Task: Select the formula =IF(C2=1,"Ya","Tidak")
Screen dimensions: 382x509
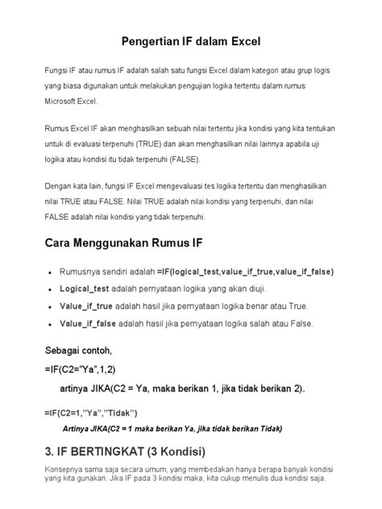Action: pyautogui.click(x=91, y=412)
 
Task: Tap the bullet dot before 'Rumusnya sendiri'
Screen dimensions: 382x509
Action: pyautogui.click(x=51, y=272)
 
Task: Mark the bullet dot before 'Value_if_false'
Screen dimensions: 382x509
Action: pyautogui.click(x=51, y=325)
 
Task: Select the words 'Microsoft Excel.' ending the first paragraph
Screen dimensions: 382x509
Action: pyautogui.click(x=70, y=102)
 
